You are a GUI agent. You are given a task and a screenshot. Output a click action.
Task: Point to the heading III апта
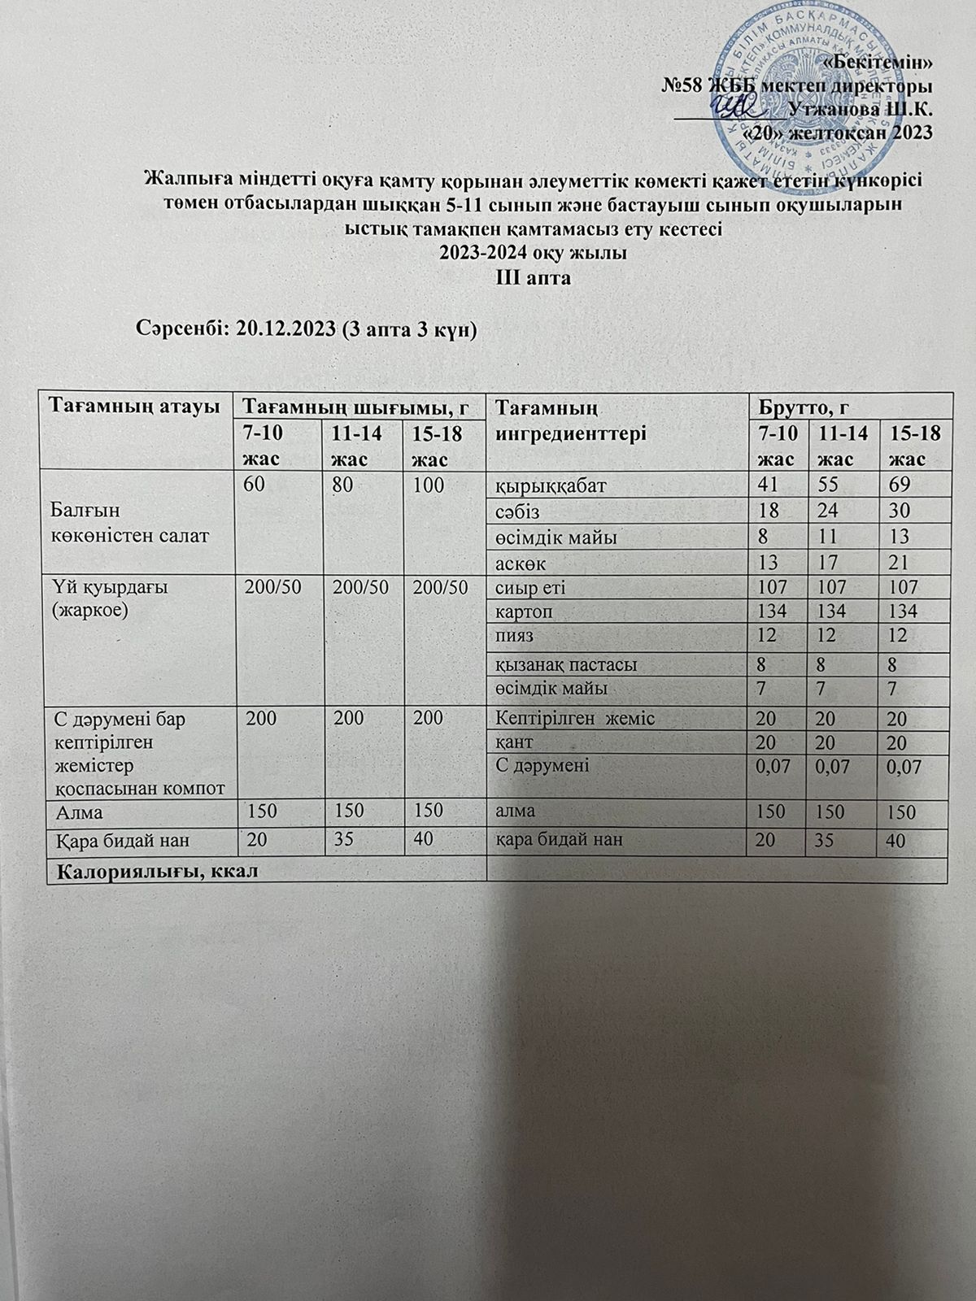[534, 277]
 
